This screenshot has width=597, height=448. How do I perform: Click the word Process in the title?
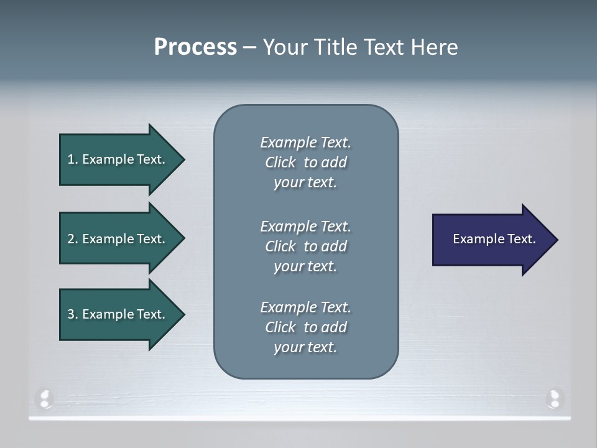pos(195,47)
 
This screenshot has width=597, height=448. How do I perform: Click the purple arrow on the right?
pos(491,240)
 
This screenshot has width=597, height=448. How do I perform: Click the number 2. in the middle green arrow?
pos(73,239)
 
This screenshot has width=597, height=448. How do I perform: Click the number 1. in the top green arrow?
pos(73,159)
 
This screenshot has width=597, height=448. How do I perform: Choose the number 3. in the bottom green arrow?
pos(73,314)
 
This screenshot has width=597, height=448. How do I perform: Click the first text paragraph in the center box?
pos(305,162)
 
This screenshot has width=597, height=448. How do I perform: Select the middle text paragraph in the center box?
pos(305,246)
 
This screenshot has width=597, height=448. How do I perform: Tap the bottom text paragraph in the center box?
pos(305,327)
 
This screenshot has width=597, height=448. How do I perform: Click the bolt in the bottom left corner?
pos(45,398)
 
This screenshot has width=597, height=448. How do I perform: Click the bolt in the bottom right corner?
pos(553,398)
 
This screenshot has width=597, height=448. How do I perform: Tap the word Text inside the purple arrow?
pos(522,239)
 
